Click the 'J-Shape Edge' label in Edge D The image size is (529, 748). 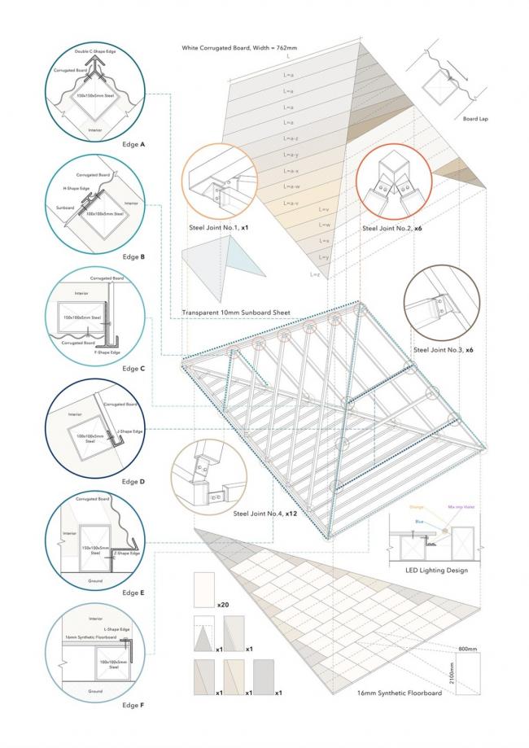[129, 431]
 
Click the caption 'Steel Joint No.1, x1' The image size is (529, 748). [217, 229]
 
